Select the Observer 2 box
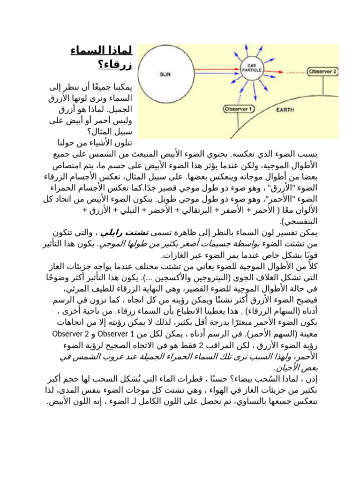click(322, 72)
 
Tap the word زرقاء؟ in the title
click(115, 64)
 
